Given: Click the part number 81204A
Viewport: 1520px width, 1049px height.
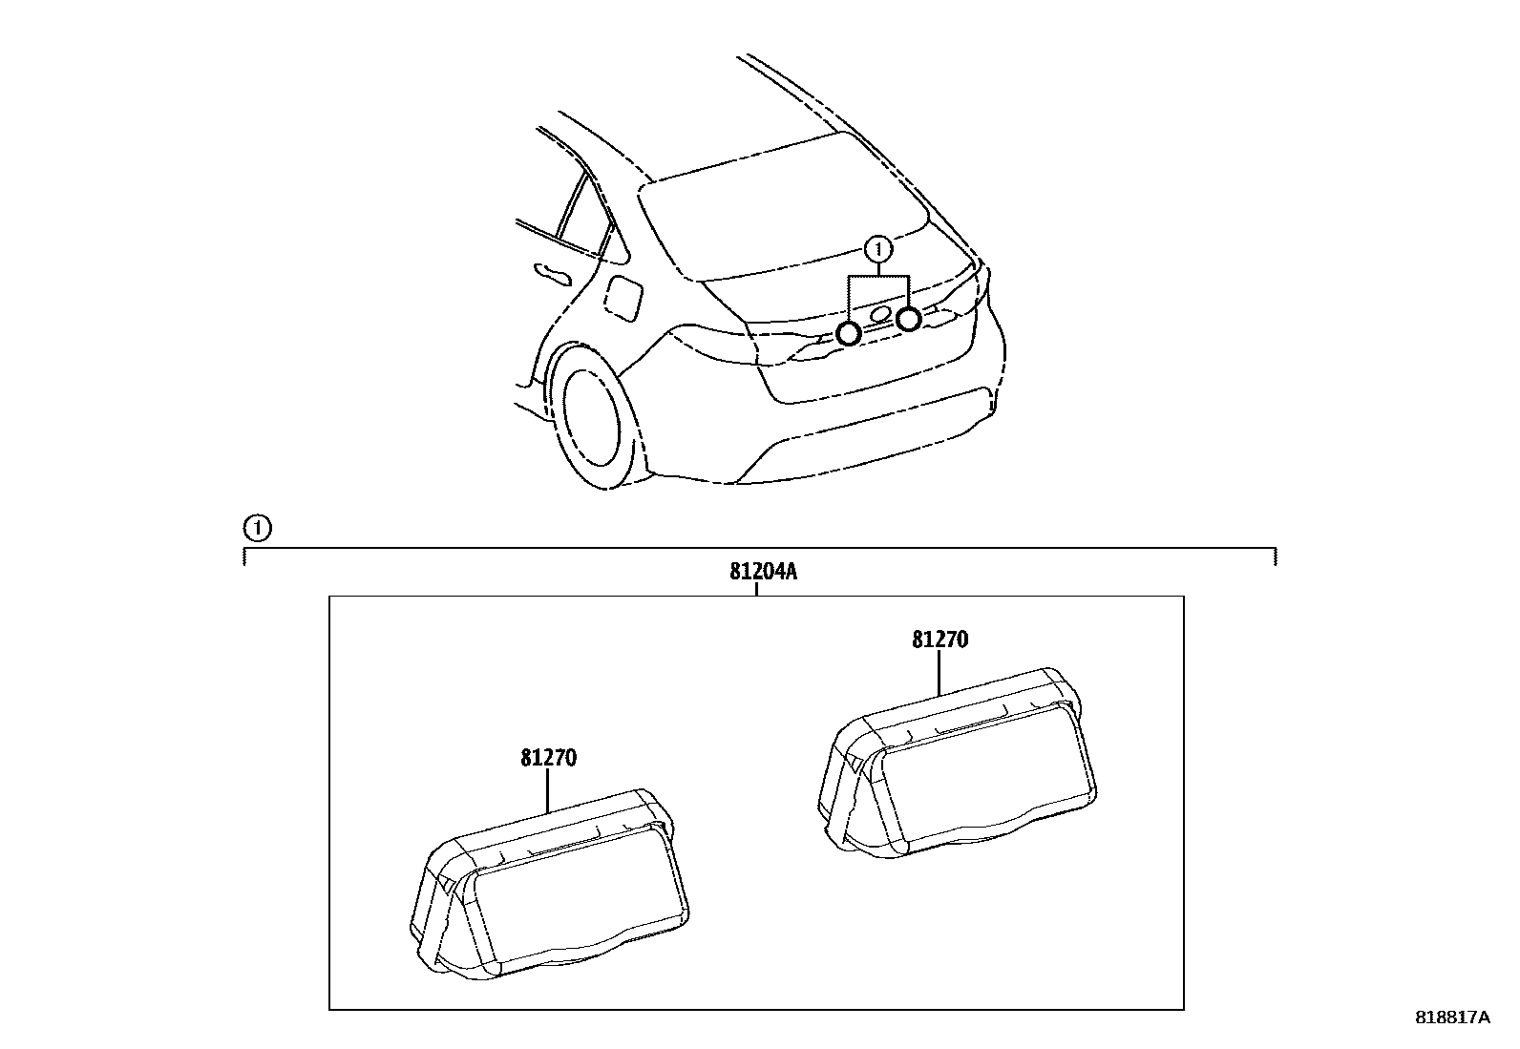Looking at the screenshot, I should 763,572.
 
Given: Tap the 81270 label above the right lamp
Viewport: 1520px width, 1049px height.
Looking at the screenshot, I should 939,640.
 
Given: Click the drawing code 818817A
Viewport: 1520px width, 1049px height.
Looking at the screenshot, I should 1451,1018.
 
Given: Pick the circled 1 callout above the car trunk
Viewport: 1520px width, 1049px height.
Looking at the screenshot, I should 877,250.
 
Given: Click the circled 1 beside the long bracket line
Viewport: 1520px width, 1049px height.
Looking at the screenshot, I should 257,527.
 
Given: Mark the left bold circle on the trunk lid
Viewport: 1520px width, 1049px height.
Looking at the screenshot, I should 848,333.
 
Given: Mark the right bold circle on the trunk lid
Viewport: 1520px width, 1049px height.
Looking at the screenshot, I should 908,319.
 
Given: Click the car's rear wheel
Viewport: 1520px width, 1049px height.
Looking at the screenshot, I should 597,414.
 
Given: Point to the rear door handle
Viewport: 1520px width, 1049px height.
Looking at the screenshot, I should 553,274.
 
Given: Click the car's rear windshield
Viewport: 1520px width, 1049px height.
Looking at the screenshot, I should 783,205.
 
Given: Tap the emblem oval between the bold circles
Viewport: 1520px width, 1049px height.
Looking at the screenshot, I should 881,316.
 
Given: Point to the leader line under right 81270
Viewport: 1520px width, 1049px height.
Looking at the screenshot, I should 939,672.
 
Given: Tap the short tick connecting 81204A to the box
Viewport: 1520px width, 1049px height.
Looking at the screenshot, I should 756,589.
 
